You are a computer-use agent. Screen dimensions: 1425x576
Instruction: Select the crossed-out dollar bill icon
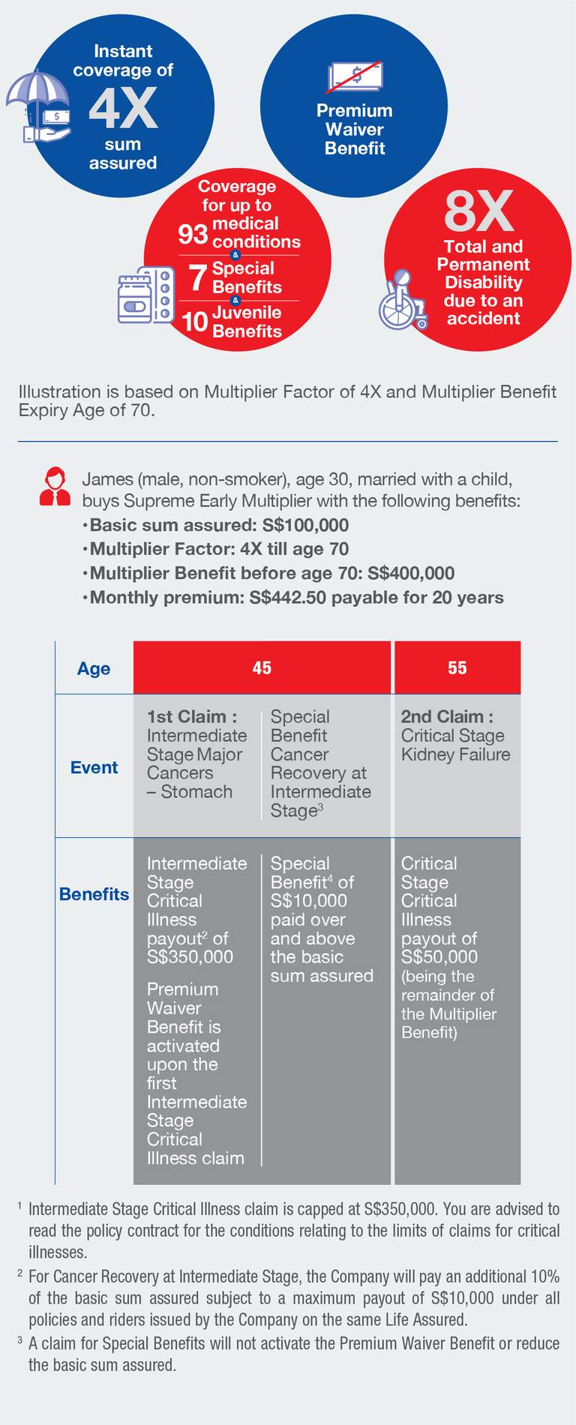pyautogui.click(x=355, y=76)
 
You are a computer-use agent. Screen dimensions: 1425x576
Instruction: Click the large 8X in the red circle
pyautogui.click(x=478, y=211)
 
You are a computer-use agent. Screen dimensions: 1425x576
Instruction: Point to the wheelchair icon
pyautogui.click(x=402, y=301)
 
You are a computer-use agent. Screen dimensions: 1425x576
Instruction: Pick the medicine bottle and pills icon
pyautogui.click(x=145, y=295)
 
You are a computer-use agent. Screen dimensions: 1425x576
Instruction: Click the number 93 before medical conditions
pyautogui.click(x=193, y=234)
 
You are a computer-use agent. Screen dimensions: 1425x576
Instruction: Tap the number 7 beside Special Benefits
pyautogui.click(x=197, y=277)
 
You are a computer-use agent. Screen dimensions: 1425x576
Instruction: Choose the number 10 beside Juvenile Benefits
pyautogui.click(x=195, y=322)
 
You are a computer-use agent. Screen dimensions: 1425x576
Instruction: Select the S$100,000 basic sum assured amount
pyautogui.click(x=305, y=525)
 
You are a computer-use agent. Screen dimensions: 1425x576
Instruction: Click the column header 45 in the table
pyautogui.click(x=262, y=667)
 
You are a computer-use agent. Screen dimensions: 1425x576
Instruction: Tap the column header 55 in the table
pyautogui.click(x=457, y=667)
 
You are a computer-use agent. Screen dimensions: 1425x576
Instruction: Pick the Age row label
pyautogui.click(x=94, y=668)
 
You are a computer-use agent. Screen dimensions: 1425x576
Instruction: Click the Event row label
pyautogui.click(x=94, y=767)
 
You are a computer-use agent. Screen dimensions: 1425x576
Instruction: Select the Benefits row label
pyautogui.click(x=94, y=894)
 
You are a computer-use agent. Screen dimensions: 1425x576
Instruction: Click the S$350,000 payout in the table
pyautogui.click(x=190, y=957)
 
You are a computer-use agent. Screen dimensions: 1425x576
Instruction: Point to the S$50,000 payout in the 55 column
pyautogui.click(x=439, y=957)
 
